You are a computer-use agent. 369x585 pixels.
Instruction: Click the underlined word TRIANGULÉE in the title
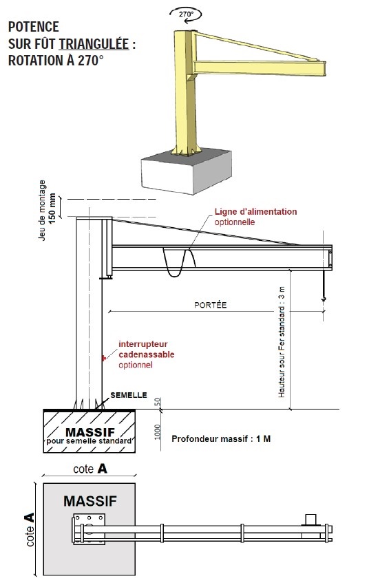point(94,43)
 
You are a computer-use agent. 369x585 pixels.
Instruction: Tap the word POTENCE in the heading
point(34,27)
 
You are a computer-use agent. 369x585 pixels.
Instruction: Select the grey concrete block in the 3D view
point(186,171)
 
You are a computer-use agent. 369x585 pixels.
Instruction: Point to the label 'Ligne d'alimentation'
point(255,211)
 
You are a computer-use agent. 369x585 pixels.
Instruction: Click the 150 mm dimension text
point(52,208)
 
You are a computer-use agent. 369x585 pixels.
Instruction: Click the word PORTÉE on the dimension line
point(211,305)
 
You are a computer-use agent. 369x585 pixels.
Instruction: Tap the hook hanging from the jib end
point(324,298)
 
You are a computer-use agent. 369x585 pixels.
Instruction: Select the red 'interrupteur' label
point(143,344)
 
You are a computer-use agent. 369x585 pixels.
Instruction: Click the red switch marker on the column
point(104,358)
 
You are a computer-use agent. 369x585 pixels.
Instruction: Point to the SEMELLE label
point(128,395)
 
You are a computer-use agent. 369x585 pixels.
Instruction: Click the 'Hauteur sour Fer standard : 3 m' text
point(282,342)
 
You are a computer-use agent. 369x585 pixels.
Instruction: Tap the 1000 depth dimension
point(157,432)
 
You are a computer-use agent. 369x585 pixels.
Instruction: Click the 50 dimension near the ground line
point(157,402)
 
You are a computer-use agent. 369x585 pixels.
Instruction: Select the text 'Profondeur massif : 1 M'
point(221,439)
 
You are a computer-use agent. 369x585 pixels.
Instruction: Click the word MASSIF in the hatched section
point(90,432)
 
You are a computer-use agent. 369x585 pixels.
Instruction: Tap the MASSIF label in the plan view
point(90,500)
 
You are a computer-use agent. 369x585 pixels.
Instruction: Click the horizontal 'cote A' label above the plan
point(90,469)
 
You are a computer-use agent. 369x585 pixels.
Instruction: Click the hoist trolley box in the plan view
point(310,520)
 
